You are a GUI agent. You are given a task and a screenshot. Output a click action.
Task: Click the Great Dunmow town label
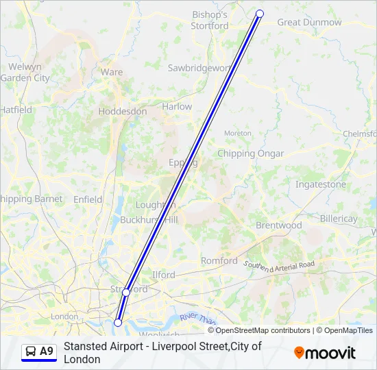[308, 23]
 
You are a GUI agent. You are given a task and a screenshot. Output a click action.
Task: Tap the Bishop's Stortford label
[210, 20]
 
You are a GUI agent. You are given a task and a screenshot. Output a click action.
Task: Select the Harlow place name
[177, 107]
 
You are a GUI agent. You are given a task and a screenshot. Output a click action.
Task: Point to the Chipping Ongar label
[250, 153]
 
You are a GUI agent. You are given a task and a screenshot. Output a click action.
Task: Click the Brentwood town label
[278, 225]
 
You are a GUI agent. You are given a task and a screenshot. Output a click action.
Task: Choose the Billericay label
[339, 219]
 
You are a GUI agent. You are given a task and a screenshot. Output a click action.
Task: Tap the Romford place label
[219, 261]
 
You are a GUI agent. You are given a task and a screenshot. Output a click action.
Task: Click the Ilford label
[164, 275]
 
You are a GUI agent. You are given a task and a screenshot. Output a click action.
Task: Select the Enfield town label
[88, 199]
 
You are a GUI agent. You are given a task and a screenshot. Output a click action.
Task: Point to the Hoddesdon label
[123, 111]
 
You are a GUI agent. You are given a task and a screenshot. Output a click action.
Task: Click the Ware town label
[112, 72]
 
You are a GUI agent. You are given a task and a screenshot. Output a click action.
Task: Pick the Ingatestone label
[320, 185]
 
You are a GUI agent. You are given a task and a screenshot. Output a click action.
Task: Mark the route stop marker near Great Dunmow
[260, 14]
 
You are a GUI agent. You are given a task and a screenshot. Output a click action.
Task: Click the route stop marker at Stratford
[126, 293]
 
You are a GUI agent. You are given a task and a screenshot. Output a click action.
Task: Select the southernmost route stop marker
[118, 322]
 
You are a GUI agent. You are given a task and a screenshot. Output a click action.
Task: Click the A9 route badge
[39, 351]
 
